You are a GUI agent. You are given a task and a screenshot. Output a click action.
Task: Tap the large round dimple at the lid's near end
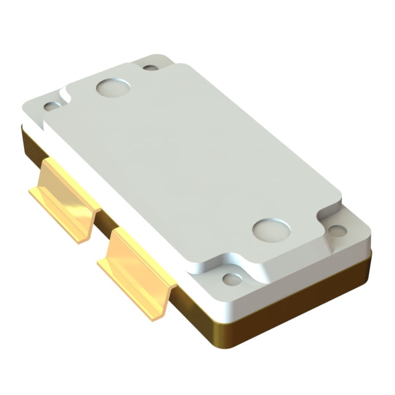[272, 229]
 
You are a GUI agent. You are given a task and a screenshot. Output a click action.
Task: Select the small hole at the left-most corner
[52, 106]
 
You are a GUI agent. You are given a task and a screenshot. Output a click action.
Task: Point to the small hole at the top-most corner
[151, 66]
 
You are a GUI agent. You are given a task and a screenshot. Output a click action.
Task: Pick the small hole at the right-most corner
[337, 231]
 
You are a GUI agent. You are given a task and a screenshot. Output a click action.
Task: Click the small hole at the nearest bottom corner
[233, 279]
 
